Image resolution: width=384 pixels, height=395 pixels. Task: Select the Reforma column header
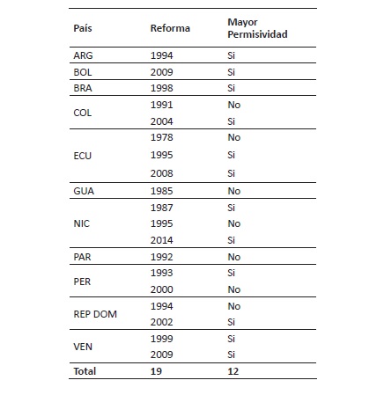coord(167,28)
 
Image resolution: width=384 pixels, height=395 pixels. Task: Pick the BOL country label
coord(82,72)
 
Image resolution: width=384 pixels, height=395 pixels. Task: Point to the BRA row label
coord(82,89)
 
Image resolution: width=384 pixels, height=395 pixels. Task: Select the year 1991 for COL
coord(160,106)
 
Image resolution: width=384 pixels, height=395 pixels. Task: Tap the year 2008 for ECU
coord(160,173)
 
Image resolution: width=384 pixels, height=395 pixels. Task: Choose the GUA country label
coord(83,190)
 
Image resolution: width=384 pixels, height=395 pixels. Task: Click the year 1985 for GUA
coord(160,190)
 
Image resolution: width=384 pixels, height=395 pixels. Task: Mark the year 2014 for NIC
coord(160,240)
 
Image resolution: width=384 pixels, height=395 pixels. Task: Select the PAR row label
coord(82,257)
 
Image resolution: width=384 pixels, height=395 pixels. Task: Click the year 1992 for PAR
coord(160,257)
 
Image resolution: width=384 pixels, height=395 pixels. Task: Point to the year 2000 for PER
coord(160,289)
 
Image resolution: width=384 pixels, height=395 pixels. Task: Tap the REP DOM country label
coord(92,314)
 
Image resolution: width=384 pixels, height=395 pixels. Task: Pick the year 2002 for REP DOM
coord(160,323)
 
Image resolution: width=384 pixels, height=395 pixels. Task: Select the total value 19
coord(157,371)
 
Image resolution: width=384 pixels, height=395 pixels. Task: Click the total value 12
coord(232,371)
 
